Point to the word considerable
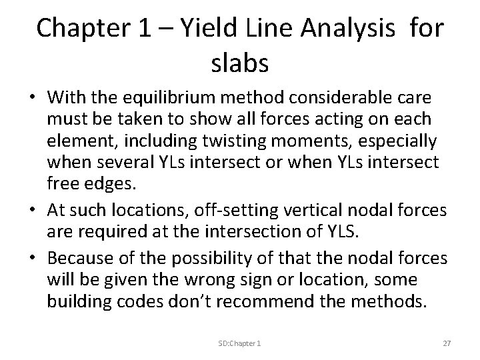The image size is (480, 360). point(347,98)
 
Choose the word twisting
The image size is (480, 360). point(227,141)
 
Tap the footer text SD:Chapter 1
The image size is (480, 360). point(239,343)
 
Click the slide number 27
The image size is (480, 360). point(447,343)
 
